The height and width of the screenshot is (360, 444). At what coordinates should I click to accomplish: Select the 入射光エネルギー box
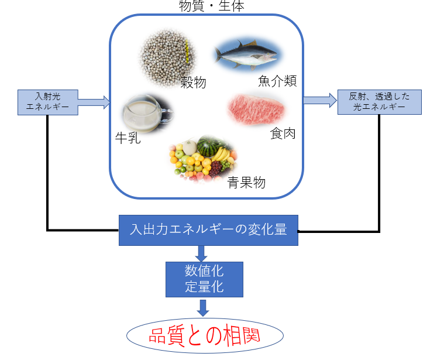[47, 102]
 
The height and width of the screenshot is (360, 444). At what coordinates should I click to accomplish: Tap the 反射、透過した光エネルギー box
[379, 102]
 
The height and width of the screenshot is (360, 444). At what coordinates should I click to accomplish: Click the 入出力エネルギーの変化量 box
[208, 229]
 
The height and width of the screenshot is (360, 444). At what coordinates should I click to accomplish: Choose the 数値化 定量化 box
[204, 279]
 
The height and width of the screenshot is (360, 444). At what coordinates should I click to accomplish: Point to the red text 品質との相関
[205, 336]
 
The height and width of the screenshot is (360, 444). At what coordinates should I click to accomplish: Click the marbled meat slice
[258, 108]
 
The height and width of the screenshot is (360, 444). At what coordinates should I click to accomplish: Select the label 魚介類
[277, 80]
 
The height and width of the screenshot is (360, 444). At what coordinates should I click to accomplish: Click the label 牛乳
[128, 138]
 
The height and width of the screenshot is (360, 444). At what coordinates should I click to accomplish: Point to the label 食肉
[283, 133]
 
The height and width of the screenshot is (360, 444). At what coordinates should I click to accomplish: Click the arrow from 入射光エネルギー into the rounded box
[94, 102]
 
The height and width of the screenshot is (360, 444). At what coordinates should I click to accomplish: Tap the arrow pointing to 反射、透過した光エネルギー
[320, 101]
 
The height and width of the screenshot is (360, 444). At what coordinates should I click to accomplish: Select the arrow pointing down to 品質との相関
[203, 308]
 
